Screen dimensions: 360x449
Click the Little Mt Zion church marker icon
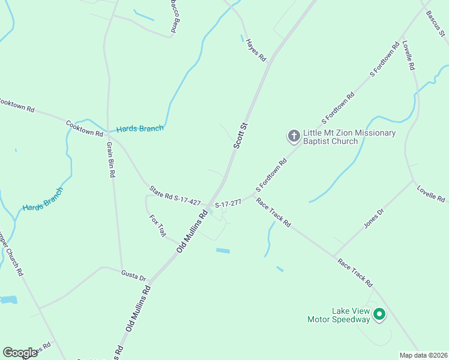point(294,136)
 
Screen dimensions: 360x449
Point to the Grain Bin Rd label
point(110,160)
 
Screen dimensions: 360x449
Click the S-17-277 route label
point(228,204)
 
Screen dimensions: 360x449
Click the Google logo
point(20,353)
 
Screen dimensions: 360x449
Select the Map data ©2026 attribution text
point(423,355)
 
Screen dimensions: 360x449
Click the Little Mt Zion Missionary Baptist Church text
point(349,137)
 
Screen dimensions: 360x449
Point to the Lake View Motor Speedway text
point(339,316)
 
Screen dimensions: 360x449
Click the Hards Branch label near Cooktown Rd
point(140,128)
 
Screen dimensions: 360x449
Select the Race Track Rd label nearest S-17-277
point(273,212)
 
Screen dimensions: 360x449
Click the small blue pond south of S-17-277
point(222,250)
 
